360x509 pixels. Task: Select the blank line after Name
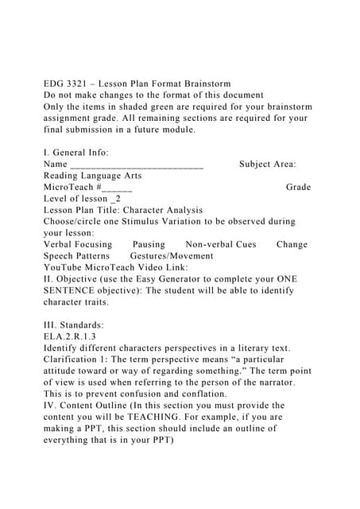(137, 165)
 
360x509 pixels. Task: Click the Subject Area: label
(268, 164)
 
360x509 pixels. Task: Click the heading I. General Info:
(76, 153)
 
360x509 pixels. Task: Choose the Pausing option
(149, 245)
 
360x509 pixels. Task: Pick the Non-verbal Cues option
(220, 245)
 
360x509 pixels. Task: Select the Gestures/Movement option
(171, 256)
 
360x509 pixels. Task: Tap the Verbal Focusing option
(78, 245)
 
